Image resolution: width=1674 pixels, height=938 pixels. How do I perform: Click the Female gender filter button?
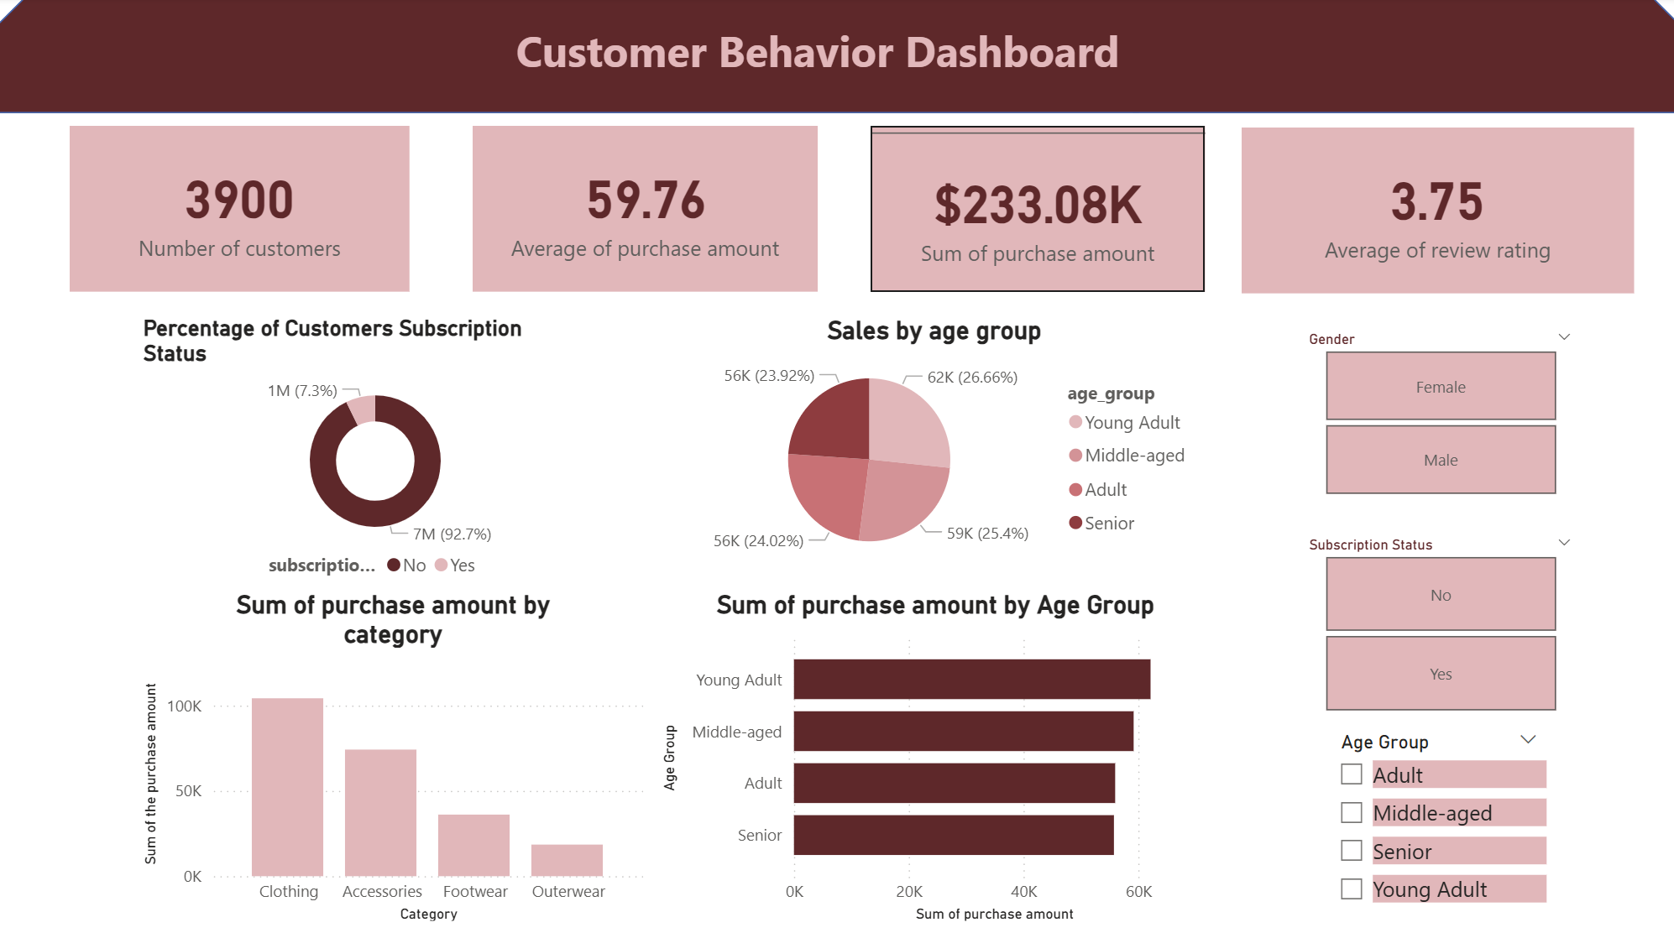1440,386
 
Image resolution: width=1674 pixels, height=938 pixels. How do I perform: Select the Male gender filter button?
1440,460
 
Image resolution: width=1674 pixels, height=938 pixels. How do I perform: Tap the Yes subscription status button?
1440,674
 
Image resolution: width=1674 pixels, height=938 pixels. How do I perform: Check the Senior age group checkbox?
1351,851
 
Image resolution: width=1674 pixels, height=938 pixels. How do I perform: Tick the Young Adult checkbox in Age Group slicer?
1351,888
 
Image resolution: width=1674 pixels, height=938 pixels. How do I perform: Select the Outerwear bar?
567,860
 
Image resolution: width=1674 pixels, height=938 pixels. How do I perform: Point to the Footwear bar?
473,845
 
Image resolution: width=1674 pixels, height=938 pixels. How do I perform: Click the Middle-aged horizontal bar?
963,731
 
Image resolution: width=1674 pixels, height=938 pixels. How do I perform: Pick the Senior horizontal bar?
953,835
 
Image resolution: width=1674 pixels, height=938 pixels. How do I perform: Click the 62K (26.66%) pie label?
972,378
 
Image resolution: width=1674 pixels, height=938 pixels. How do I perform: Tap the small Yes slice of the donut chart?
363,410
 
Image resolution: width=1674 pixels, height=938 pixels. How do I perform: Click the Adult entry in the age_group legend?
1105,490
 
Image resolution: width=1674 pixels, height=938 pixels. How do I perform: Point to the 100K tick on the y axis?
185,706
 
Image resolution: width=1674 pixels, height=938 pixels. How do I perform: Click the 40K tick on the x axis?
1023,892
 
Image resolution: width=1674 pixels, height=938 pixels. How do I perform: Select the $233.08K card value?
1038,206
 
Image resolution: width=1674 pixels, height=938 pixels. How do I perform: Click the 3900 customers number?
239,201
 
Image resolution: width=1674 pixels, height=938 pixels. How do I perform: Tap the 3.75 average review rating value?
1436,202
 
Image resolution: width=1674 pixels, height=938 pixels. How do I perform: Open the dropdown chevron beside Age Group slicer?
1528,739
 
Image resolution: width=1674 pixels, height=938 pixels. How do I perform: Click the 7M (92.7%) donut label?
452,534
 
